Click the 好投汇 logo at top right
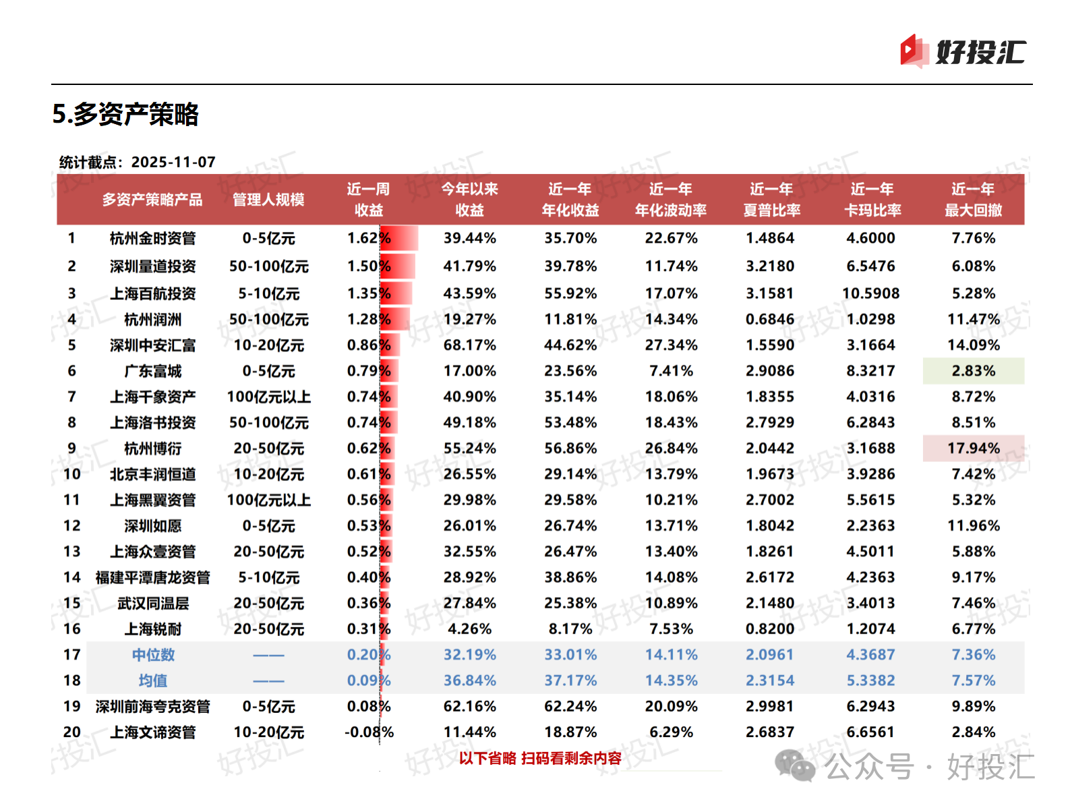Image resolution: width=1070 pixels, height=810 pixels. coord(963,52)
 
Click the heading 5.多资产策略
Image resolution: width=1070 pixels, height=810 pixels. coord(125,114)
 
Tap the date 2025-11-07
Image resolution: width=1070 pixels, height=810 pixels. coord(173,162)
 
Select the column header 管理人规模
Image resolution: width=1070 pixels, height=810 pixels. coord(268,200)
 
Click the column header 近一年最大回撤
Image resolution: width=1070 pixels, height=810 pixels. coord(973,200)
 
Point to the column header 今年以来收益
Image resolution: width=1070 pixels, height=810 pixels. coord(469,200)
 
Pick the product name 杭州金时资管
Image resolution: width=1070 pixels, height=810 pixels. coord(153,238)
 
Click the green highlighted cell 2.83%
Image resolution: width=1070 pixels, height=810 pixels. coord(973,371)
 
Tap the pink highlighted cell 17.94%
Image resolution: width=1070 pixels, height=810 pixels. coord(973,449)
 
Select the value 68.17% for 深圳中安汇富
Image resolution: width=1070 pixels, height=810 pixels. coord(469,345)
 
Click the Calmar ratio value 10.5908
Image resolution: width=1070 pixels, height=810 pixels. coord(870,293)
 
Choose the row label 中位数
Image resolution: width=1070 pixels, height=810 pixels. coord(153,655)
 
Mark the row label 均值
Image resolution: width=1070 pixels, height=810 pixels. coord(153,681)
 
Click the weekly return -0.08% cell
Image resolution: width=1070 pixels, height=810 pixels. coord(369,732)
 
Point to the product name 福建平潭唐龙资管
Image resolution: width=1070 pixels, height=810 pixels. coord(153,577)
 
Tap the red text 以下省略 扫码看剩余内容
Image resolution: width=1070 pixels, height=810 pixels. coord(540,758)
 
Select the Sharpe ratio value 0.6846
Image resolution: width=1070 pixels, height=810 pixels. coord(770,319)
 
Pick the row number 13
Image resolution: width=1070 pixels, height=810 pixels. coord(72,552)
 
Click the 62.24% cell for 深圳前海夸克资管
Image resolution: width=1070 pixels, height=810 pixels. coord(570,706)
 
